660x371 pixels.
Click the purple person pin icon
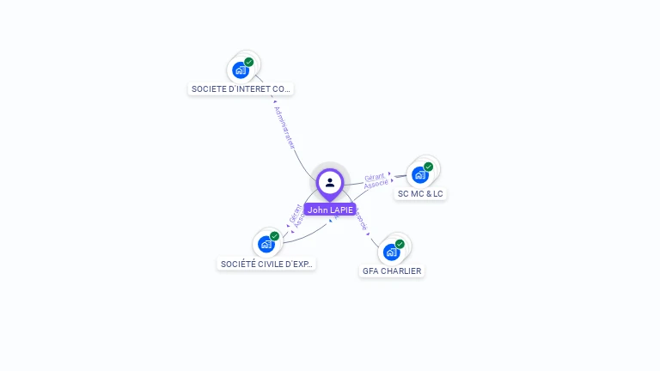pyautogui.click(x=330, y=183)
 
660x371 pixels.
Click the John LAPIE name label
pyautogui.click(x=330, y=210)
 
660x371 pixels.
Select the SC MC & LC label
pyautogui.click(x=420, y=194)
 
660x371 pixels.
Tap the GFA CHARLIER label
pyautogui.click(x=392, y=271)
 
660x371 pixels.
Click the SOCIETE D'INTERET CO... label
pyautogui.click(x=241, y=88)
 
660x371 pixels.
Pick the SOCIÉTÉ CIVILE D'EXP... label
pyautogui.click(x=266, y=264)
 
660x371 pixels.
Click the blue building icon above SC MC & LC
pyautogui.click(x=419, y=175)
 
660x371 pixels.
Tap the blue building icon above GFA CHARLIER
pyautogui.click(x=391, y=252)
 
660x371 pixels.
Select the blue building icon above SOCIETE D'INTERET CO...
pyautogui.click(x=240, y=70)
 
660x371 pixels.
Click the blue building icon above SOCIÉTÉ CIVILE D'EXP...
pyautogui.click(x=266, y=245)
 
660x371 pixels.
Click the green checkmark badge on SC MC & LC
pyautogui.click(x=428, y=167)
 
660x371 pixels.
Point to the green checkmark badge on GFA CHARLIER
pyautogui.click(x=400, y=244)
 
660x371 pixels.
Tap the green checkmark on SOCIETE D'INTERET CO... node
pyautogui.click(x=248, y=62)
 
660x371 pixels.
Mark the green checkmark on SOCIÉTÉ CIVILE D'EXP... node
pyautogui.click(x=274, y=236)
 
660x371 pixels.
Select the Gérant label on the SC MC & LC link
pyautogui.click(x=375, y=177)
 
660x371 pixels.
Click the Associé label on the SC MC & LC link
pyautogui.click(x=376, y=185)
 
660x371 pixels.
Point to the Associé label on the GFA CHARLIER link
pyautogui.click(x=361, y=220)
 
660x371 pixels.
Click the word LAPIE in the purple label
pyautogui.click(x=341, y=210)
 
